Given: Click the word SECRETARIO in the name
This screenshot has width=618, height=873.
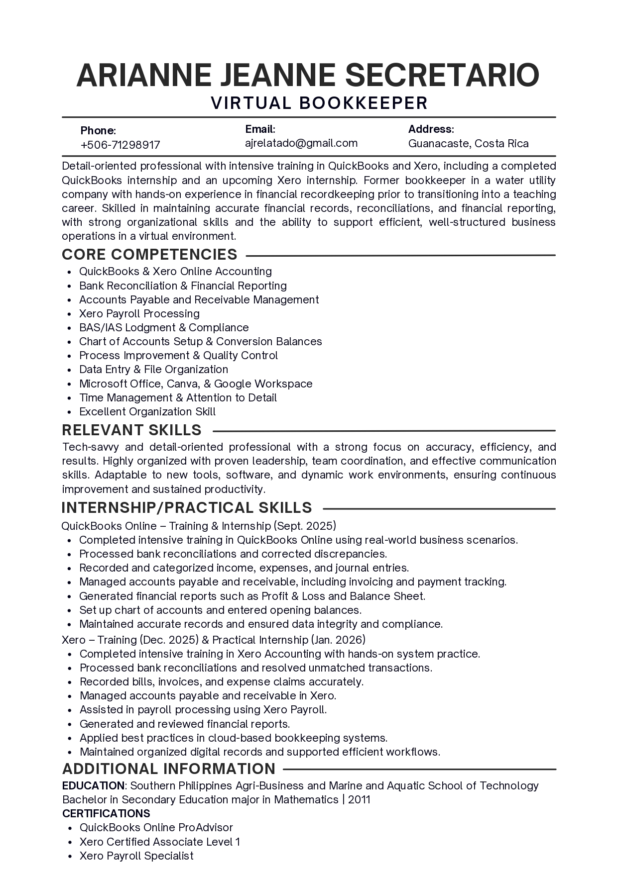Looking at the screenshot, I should (442, 75).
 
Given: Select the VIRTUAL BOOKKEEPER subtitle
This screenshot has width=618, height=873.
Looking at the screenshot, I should (319, 103).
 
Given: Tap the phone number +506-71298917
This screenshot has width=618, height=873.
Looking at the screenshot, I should (120, 145).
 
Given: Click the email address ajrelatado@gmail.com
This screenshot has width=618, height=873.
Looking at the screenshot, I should (301, 143).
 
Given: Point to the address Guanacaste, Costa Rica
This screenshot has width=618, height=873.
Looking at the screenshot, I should (468, 144).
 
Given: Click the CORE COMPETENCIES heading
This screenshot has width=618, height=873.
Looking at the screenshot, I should (149, 254).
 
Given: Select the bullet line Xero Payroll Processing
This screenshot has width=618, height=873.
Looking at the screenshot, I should (139, 313).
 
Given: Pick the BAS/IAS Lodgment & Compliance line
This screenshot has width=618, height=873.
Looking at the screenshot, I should (163, 327).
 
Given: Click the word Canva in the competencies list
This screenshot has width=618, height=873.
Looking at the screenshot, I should (183, 384).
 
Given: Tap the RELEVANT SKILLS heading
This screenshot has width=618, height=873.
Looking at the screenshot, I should (131, 430).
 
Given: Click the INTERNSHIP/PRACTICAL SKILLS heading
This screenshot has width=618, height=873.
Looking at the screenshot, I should (187, 507).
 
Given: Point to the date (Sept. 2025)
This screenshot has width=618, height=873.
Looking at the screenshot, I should (305, 526).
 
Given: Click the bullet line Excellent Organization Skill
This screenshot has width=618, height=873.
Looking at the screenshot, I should (147, 411).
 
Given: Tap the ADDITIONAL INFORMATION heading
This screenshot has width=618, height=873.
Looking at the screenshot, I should (169, 769).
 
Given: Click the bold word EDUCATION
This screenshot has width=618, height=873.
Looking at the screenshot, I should (93, 785).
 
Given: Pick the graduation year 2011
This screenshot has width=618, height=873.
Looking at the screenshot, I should (359, 799).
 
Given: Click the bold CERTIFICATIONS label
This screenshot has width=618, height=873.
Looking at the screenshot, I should (106, 813).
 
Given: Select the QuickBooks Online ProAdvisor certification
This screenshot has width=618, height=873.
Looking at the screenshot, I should (156, 827).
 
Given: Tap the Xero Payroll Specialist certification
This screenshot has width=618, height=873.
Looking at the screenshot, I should (136, 856).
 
